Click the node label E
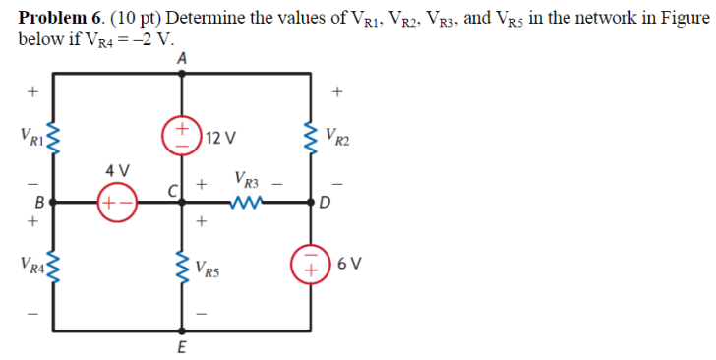tap(182, 346)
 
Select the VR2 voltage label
tap(340, 138)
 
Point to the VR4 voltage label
tap(23, 266)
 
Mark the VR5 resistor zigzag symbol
tap(181, 265)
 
